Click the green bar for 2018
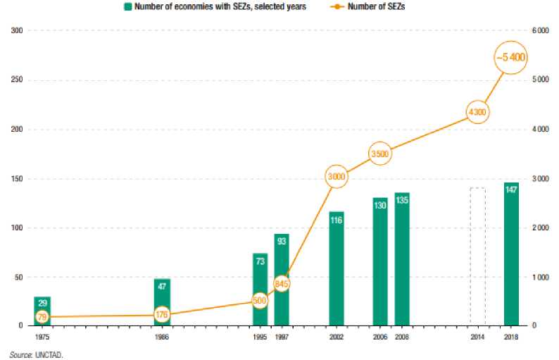click(511, 254)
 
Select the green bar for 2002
click(336, 268)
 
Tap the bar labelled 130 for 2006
click(380, 261)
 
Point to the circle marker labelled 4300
click(477, 112)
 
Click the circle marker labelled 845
click(282, 285)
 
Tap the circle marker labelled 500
click(260, 301)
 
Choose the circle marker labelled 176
click(162, 315)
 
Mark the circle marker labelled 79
click(42, 316)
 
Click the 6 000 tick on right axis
click(539, 31)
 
